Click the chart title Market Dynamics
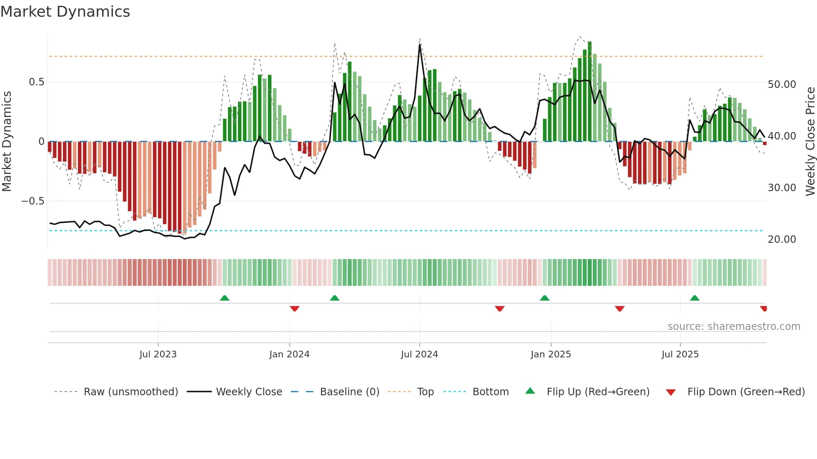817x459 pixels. pyautogui.click(x=65, y=12)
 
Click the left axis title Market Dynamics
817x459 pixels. pyautogui.click(x=7, y=141)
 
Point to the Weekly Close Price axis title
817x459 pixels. pyautogui.click(x=810, y=141)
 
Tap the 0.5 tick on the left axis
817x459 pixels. pyautogui.click(x=37, y=82)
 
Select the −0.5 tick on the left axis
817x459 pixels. pyautogui.click(x=33, y=201)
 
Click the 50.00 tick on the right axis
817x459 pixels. pyautogui.click(x=782, y=85)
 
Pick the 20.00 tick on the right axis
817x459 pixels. pyautogui.click(x=782, y=239)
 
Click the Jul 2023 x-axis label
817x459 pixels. pyautogui.click(x=158, y=354)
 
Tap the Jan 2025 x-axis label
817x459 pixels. pyautogui.click(x=551, y=354)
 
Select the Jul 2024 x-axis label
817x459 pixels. pyautogui.click(x=419, y=354)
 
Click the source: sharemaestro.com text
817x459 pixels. pyautogui.click(x=734, y=327)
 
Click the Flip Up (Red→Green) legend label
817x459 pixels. pyautogui.click(x=598, y=392)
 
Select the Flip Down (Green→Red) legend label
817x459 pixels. pyautogui.click(x=746, y=392)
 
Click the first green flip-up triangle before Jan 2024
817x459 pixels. pyautogui.click(x=225, y=298)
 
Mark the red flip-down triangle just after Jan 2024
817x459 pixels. pyautogui.click(x=295, y=309)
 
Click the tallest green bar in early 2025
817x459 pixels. pyautogui.click(x=590, y=92)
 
